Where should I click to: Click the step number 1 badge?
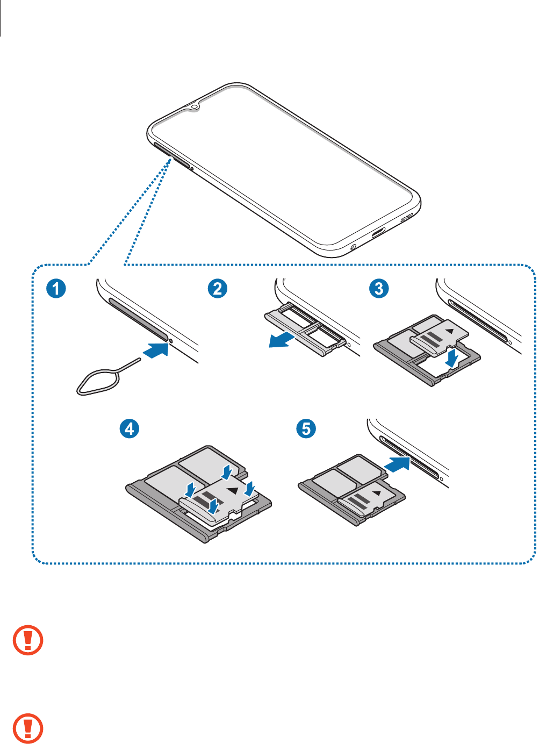click(56, 288)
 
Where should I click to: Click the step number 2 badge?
click(218, 288)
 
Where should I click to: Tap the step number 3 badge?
click(379, 288)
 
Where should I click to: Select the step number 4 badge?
click(130, 428)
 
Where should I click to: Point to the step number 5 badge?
click(306, 428)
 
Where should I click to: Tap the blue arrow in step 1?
click(156, 350)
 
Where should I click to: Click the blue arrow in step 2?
click(282, 340)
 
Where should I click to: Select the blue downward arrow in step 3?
click(452, 358)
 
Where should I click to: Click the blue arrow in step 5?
click(397, 464)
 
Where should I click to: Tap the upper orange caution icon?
click(28, 640)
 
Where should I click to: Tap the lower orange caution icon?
click(28, 728)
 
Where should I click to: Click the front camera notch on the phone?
click(195, 106)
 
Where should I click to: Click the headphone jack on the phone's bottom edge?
click(353, 247)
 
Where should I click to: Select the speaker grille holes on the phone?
click(407, 218)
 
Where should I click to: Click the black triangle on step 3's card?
click(450, 331)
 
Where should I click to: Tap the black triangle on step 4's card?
click(233, 490)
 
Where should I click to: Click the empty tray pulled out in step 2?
click(305, 329)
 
